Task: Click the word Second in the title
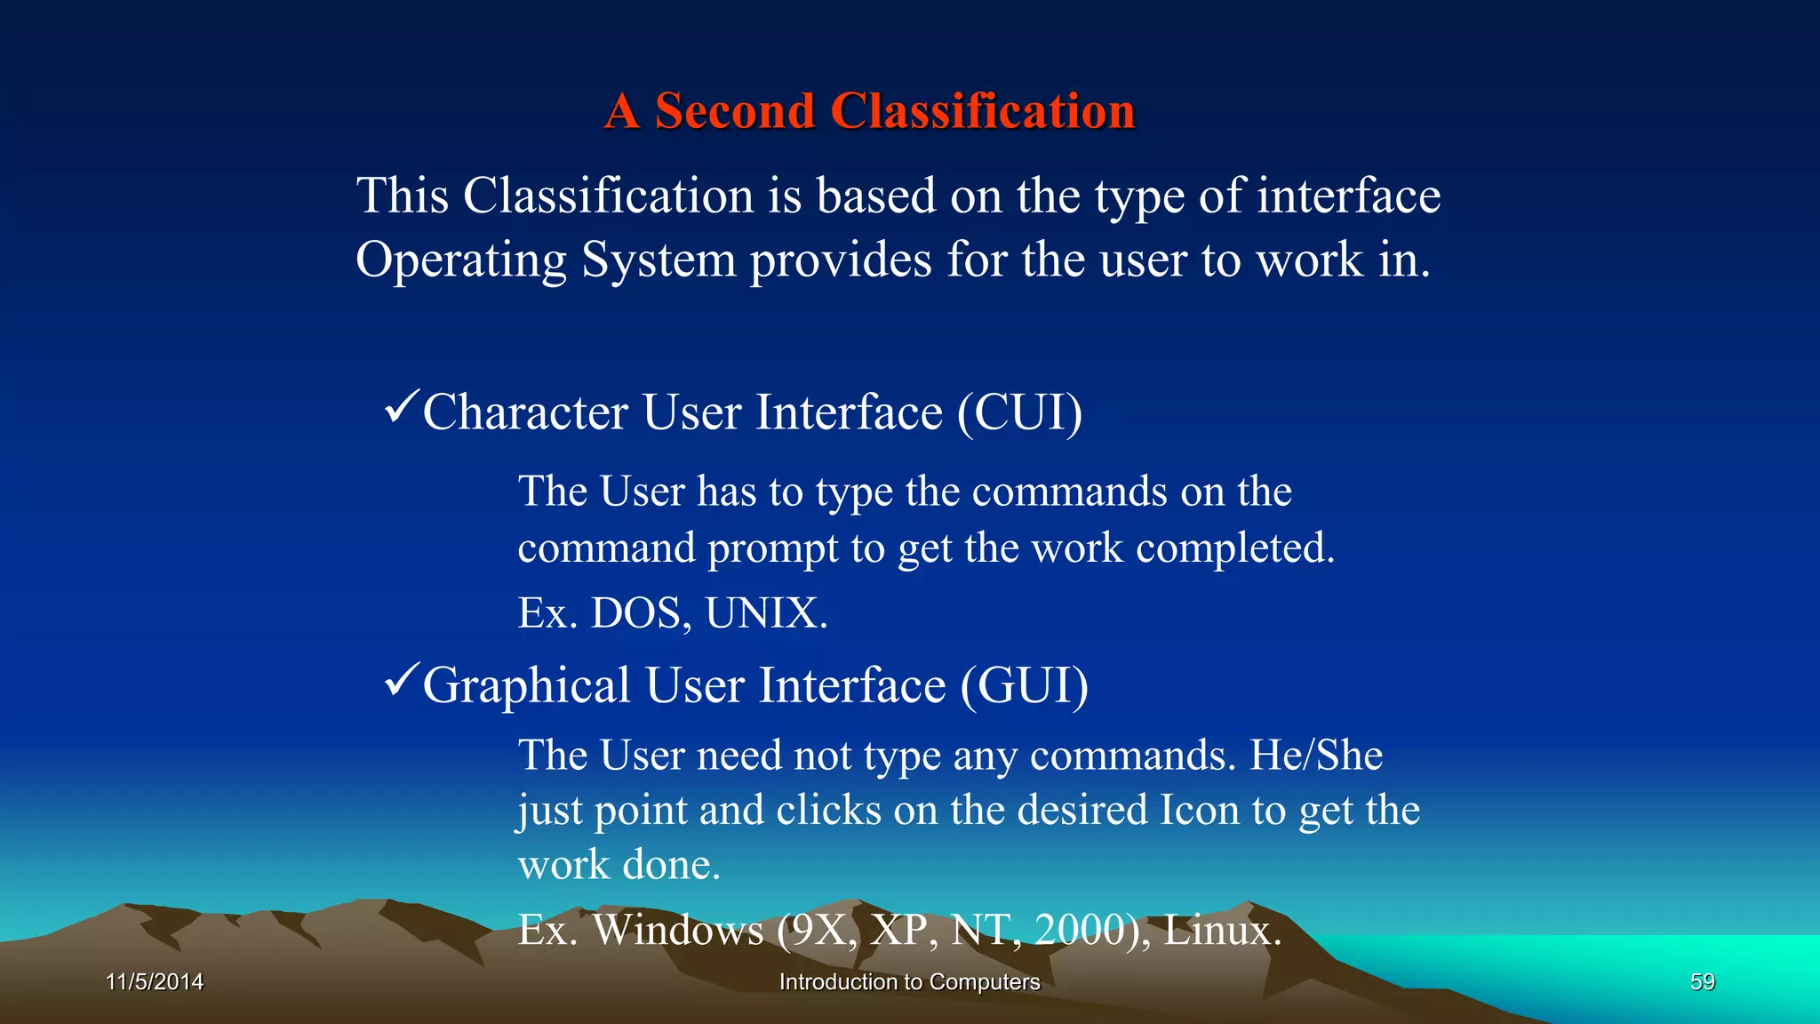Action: click(x=734, y=112)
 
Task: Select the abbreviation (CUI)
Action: click(x=1019, y=413)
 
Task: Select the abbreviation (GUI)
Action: click(x=1024, y=686)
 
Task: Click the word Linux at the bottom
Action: click(x=1222, y=931)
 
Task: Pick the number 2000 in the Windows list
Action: click(x=1082, y=931)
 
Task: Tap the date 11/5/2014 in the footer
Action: click(x=155, y=982)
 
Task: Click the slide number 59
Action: click(x=1702, y=982)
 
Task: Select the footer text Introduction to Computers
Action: click(x=909, y=982)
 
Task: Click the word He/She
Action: click(x=1316, y=756)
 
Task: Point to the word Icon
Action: click(x=1199, y=811)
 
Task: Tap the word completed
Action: click(x=1234, y=548)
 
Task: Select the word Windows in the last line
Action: click(x=677, y=931)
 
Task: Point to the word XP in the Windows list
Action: click(x=900, y=931)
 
